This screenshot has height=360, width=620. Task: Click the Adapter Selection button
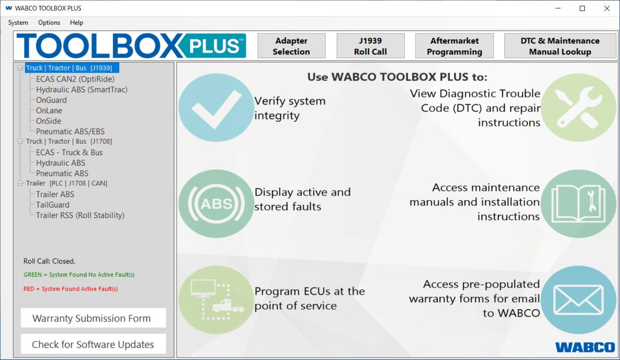[291, 46]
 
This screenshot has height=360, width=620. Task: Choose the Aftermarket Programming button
[454, 46]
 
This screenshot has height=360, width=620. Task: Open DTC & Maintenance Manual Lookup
[560, 46]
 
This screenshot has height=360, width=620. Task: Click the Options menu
[49, 22]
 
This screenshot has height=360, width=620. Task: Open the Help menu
[76, 22]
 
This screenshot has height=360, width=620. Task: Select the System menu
[18, 22]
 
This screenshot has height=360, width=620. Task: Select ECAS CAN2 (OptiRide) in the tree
[75, 79]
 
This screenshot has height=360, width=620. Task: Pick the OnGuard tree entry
[51, 100]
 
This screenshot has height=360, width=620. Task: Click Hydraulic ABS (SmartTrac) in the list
[82, 90]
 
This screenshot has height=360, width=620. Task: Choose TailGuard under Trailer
[52, 205]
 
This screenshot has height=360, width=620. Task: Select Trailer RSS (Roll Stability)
[80, 215]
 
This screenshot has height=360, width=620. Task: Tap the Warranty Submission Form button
[93, 318]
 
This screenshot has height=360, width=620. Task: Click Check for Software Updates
[93, 345]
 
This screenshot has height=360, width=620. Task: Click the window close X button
[607, 8]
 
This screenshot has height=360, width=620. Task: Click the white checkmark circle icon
[216, 108]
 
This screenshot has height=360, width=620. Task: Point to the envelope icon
[578, 300]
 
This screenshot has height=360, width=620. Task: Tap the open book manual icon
[578, 203]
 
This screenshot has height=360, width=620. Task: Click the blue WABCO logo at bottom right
[585, 347]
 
